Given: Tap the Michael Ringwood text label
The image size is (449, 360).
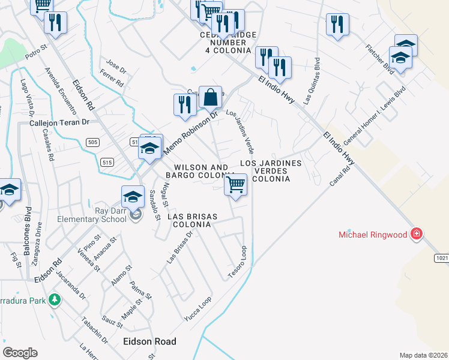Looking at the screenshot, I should (x=373, y=233).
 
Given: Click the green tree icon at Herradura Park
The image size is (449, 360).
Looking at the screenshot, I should (x=55, y=299).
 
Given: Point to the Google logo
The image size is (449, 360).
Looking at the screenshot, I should (x=20, y=352).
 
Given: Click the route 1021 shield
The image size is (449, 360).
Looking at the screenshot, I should (x=441, y=257).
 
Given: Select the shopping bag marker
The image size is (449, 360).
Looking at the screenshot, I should (x=211, y=97).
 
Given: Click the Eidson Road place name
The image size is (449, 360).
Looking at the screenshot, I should (x=149, y=341).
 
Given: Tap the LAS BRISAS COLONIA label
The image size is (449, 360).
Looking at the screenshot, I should (x=189, y=220).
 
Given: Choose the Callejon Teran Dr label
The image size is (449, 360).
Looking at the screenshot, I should (x=59, y=122).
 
